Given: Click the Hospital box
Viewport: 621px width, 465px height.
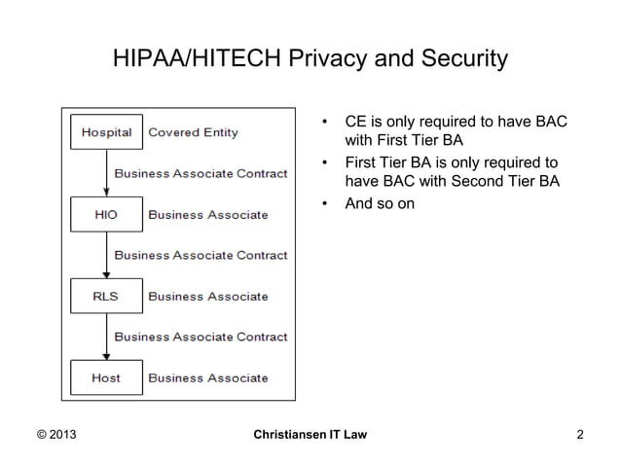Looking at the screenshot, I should click(x=107, y=132).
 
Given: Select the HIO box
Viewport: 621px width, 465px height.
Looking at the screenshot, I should click(x=107, y=214).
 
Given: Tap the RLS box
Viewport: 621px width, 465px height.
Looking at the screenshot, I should click(x=107, y=296).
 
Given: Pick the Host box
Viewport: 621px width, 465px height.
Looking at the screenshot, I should click(x=107, y=377).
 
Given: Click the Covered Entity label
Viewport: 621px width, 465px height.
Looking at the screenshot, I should click(x=193, y=132).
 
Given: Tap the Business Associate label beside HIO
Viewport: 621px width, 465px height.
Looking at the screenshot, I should click(x=207, y=214).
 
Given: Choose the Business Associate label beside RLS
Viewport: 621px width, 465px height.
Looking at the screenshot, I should click(x=207, y=296).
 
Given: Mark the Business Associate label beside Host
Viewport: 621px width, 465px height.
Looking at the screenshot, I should click(x=207, y=377).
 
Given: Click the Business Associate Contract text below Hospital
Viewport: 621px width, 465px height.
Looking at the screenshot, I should click(x=201, y=173).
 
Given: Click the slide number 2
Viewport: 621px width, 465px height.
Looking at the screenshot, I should click(x=580, y=434).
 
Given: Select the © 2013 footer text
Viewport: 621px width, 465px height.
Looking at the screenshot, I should click(x=55, y=434).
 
